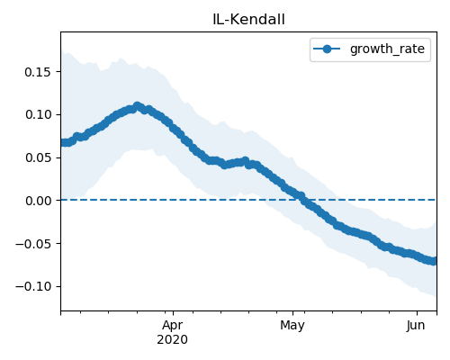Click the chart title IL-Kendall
pos(248,20)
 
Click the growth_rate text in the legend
pos(387,49)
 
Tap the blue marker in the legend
pos(327,49)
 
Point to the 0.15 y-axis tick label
pos(38,72)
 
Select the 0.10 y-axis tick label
pos(38,114)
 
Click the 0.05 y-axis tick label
pos(38,157)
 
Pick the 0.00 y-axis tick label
pos(38,201)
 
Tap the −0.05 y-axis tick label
pos(33,243)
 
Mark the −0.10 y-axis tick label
pos(33,286)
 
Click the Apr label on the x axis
pos(173,325)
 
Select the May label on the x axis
pos(292,325)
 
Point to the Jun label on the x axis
pos(416,325)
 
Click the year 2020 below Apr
pos(173,339)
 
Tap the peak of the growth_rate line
pos(138,106)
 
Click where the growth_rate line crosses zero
pos(301,200)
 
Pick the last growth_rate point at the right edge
pos(434,261)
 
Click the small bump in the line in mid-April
pos(246,160)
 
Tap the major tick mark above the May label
pos(293,313)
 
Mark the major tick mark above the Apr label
pos(173,313)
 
